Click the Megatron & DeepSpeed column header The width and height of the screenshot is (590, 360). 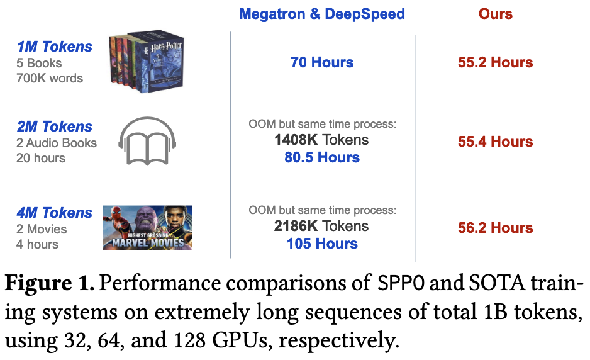tap(322, 13)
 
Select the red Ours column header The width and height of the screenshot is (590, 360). tap(495, 13)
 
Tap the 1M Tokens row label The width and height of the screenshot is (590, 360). tap(55, 47)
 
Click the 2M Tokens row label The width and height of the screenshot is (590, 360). tap(55, 127)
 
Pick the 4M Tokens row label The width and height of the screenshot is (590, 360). tap(55, 213)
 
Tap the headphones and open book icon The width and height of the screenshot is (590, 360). tap(146, 141)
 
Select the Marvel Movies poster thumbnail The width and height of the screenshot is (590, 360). tap(147, 227)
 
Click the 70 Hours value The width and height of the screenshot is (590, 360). tap(322, 62)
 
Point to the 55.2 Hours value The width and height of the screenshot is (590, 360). tap(495, 62)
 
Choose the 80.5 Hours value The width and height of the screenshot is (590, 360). tap(322, 157)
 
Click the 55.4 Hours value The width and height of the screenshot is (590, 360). tap(495, 142)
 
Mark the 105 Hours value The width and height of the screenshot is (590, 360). tap(322, 244)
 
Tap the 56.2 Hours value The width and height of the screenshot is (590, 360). tap(495, 228)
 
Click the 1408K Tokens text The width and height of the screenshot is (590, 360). tap(321, 140)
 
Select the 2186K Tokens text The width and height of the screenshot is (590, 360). tap(321, 226)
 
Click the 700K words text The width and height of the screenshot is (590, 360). tap(50, 79)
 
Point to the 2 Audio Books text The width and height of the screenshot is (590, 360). tap(57, 143)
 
